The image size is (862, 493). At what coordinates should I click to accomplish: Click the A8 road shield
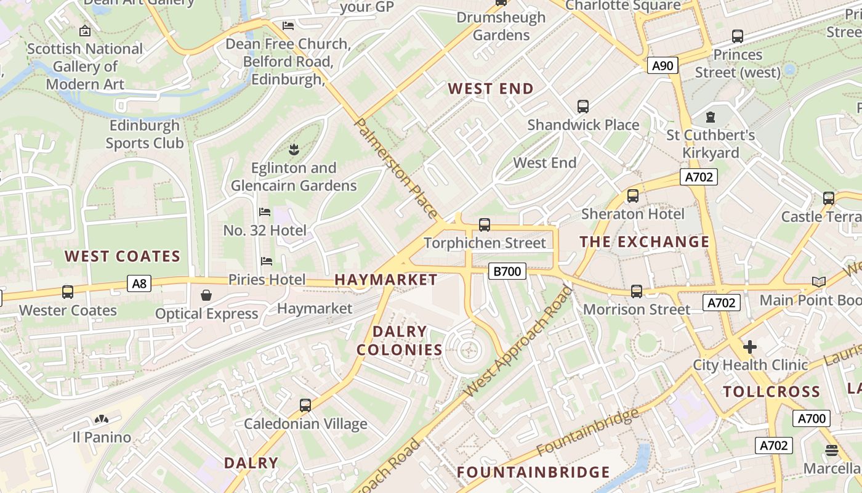click(x=140, y=283)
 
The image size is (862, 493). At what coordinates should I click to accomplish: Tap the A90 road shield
click(x=663, y=65)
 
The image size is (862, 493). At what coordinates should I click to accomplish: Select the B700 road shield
click(x=507, y=271)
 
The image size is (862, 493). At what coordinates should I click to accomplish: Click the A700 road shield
click(x=811, y=418)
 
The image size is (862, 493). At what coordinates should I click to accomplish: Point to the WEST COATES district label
click(x=123, y=256)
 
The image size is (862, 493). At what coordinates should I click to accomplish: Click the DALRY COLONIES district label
click(x=400, y=341)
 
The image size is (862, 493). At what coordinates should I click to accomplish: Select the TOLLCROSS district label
click(x=771, y=392)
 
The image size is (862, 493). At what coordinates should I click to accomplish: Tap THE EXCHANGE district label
click(x=645, y=242)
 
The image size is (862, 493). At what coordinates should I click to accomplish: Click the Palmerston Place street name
click(x=397, y=168)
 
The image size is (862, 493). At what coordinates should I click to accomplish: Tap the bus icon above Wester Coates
click(x=68, y=292)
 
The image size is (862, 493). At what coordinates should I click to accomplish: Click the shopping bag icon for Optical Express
click(x=206, y=296)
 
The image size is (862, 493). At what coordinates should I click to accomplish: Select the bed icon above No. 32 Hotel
click(x=265, y=212)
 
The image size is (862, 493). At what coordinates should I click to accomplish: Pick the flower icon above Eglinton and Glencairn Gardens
click(x=294, y=149)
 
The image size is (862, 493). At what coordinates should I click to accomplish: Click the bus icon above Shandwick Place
click(x=583, y=107)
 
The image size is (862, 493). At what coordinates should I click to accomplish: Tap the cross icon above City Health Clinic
click(x=749, y=347)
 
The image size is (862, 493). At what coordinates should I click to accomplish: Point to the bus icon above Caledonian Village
click(x=305, y=405)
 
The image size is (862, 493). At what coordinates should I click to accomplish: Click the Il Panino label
click(x=102, y=438)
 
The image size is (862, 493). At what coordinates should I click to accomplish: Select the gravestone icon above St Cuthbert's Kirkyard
click(x=711, y=116)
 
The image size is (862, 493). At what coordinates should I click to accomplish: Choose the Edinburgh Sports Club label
click(x=145, y=134)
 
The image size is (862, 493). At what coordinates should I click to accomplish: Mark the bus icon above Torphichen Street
click(x=485, y=225)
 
